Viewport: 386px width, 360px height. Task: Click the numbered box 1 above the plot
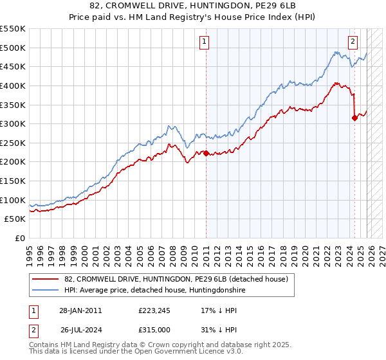point(204,42)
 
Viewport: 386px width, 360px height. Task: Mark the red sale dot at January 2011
point(206,153)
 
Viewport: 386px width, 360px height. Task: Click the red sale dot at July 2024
point(354,118)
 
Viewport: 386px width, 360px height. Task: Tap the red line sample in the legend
point(46,279)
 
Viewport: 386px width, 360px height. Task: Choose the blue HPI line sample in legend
point(46,291)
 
